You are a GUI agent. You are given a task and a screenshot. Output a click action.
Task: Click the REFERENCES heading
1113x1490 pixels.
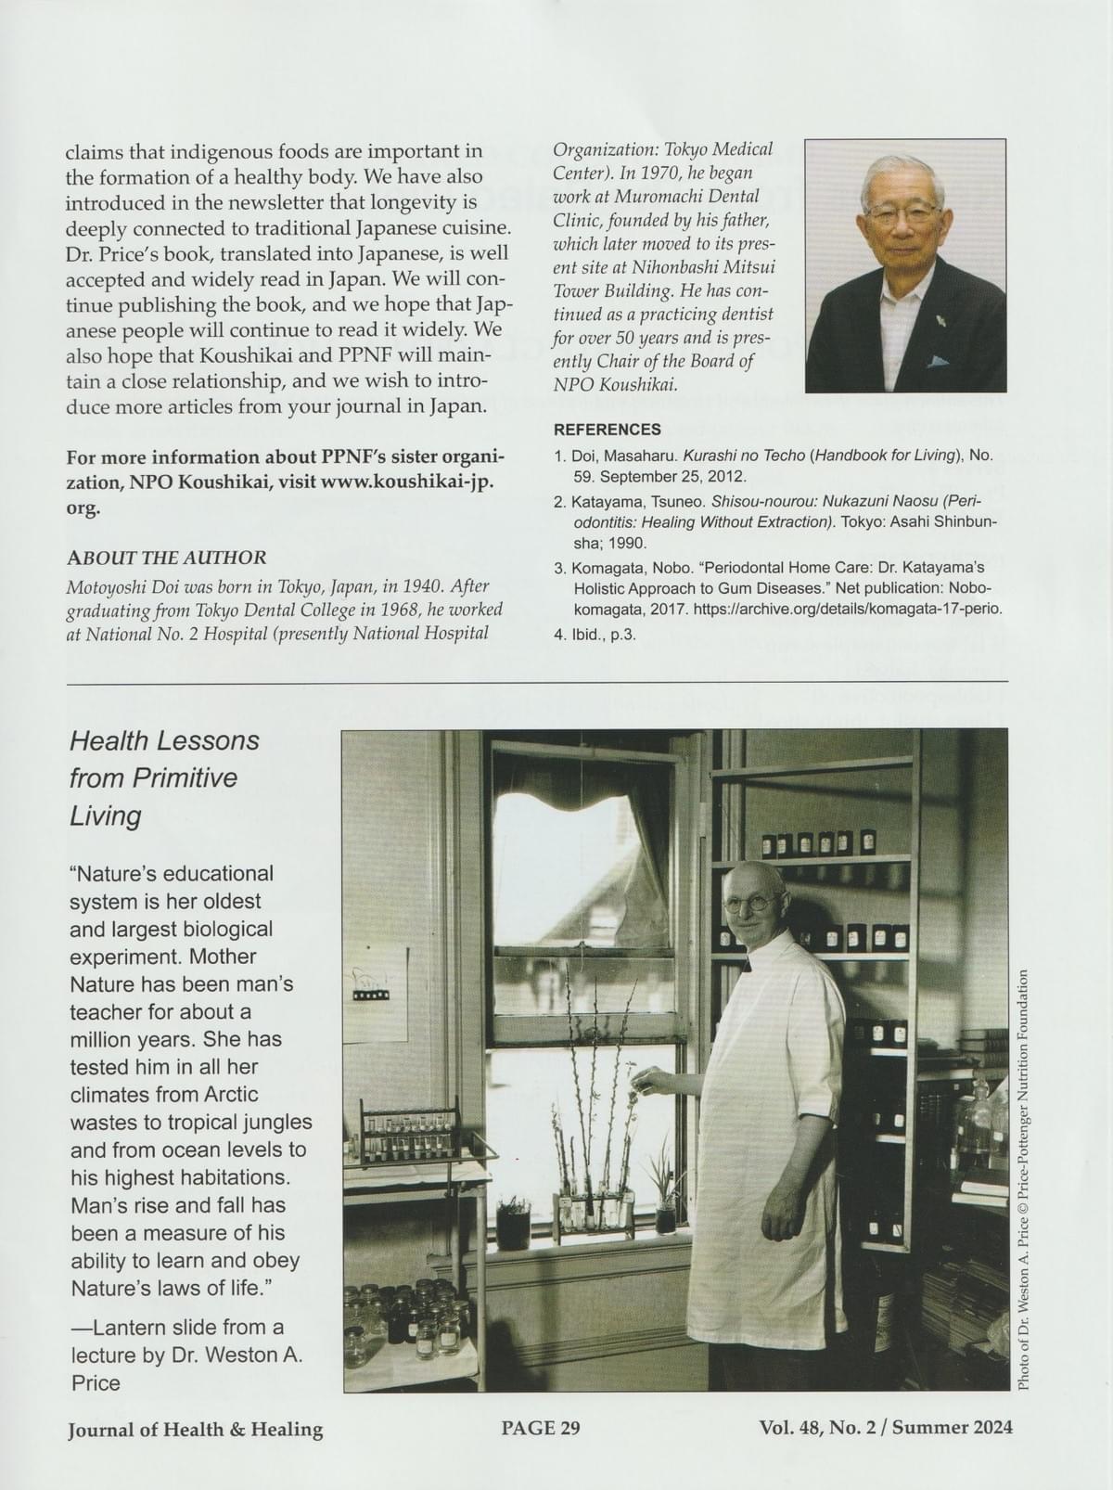[607, 430]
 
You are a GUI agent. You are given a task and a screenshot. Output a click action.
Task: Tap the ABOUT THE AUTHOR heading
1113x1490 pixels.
[166, 558]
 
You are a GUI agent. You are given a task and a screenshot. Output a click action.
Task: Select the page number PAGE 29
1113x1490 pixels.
[541, 1428]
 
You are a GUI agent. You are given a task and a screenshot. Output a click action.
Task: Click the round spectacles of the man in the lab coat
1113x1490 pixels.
[751, 901]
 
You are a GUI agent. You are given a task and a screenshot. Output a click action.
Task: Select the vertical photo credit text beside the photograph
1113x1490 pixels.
[1023, 1178]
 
